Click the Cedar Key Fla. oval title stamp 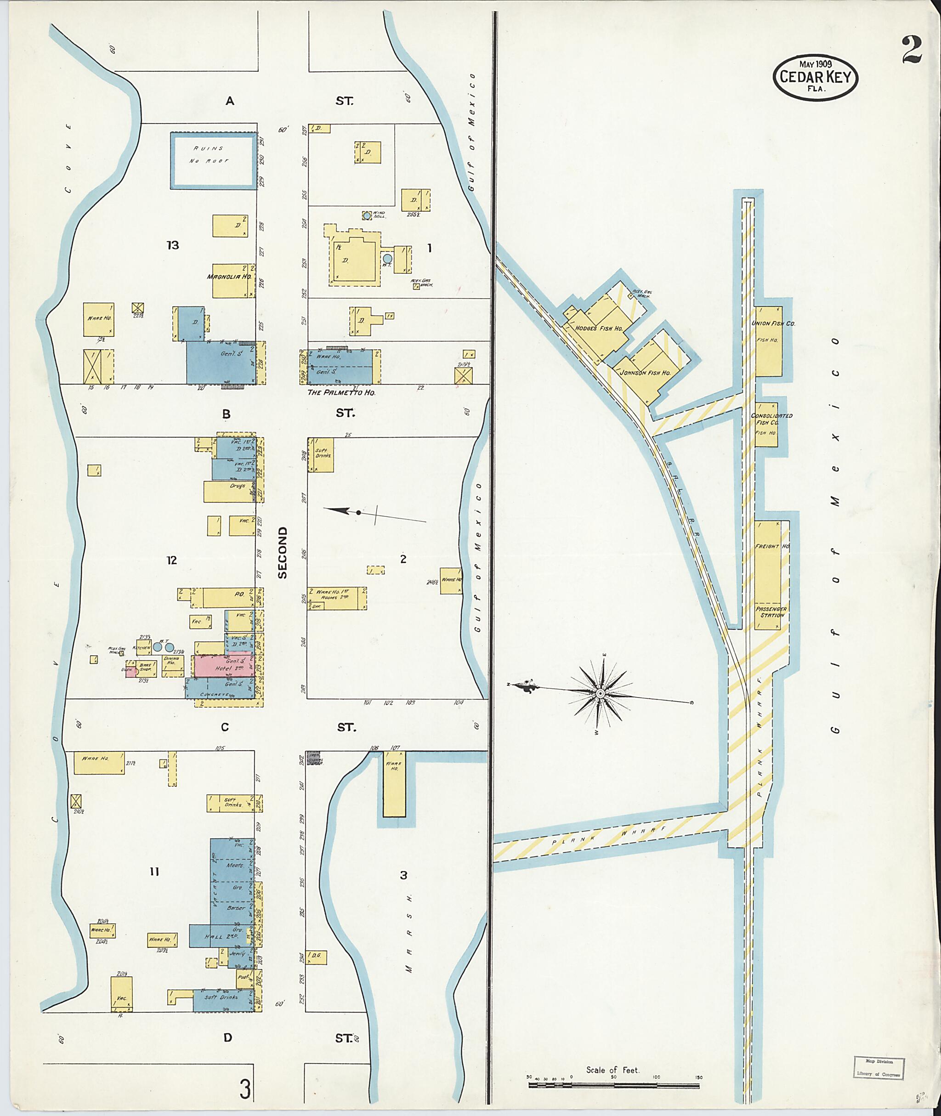click(816, 77)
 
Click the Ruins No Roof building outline click(213, 160)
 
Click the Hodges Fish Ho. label click(599, 329)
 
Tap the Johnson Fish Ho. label click(646, 372)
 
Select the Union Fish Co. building click(769, 341)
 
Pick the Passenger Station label click(771, 612)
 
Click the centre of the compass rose click(600, 693)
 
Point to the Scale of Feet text click(612, 1054)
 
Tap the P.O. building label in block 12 click(239, 594)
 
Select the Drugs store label click(238, 486)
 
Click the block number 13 click(172, 245)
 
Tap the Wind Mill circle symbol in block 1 click(367, 215)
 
